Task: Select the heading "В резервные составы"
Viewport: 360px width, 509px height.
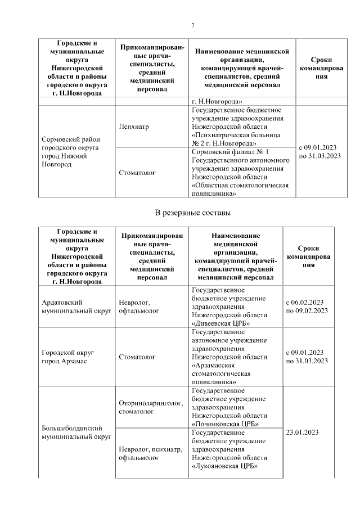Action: pyautogui.click(x=192, y=213)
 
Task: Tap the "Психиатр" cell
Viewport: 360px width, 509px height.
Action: pyautogui.click(x=134, y=127)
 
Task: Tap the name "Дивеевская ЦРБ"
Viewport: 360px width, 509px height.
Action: pyautogui.click(x=220, y=323)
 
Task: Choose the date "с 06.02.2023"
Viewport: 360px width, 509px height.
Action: pyautogui.click(x=307, y=302)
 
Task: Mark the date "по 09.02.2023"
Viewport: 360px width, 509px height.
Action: pyautogui.click(x=307, y=310)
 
